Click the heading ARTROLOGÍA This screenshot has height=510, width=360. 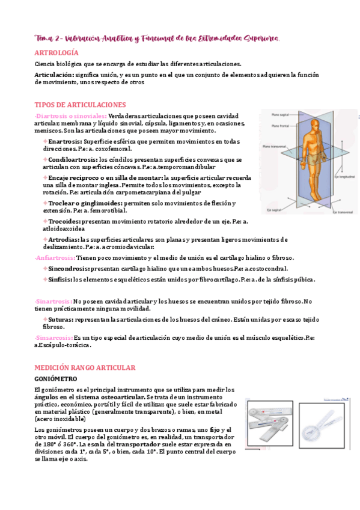point(56,53)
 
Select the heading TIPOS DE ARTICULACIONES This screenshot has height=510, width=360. point(80,105)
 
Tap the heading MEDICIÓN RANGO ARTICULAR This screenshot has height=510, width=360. point(85,367)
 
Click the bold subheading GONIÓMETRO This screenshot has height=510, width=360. point(56,379)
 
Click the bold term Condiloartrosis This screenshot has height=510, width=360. point(73,159)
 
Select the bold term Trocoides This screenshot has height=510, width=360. point(65,222)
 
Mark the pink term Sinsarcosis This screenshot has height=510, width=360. point(53,338)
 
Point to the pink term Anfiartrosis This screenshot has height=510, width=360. point(55,257)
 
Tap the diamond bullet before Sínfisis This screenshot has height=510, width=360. point(44,280)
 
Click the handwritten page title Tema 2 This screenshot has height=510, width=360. point(50,38)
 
